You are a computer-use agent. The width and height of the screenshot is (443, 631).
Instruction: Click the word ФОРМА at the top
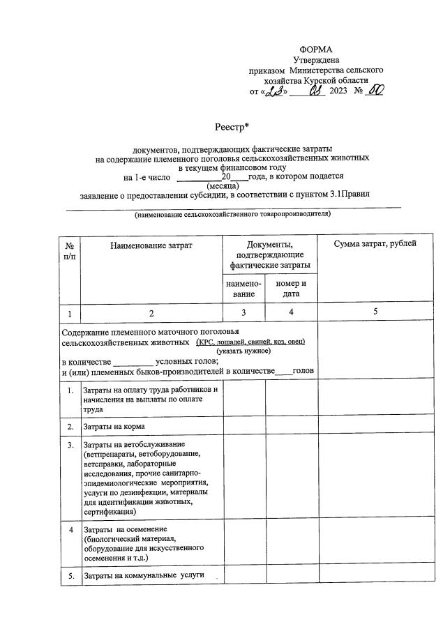pos(316,49)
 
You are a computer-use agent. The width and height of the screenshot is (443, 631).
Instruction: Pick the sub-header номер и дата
pos(292,289)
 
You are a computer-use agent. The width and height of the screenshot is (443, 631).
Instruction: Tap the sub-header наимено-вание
pos(244,289)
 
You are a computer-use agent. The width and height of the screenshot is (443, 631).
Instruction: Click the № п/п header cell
pos(70,251)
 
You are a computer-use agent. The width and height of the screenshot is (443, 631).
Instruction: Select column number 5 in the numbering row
pos(375,312)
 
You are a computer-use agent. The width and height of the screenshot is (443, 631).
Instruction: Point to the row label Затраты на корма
pos(114,426)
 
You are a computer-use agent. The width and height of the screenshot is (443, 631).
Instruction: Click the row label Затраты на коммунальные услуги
pos(144,576)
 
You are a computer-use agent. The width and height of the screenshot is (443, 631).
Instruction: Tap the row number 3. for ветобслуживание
pos(70,444)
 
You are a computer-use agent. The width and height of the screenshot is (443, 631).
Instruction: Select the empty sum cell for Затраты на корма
pos(375,426)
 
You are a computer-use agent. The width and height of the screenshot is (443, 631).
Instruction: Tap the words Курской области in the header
pos(341,80)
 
